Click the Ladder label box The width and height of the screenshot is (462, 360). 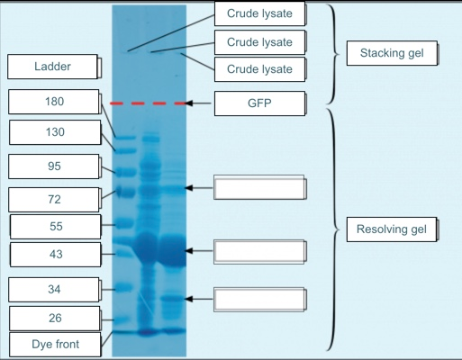pos(51,67)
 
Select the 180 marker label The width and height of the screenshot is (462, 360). pos(54,102)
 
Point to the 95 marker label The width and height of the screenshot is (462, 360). pos(54,166)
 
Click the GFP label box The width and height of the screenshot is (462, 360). pos(258,103)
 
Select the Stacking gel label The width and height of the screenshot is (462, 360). pos(392,53)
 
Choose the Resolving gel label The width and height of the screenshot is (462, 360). pos(392,229)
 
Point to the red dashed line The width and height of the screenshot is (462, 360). pos(149,104)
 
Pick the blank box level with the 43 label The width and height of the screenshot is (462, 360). pos(258,251)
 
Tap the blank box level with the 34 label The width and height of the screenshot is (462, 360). pos(258,299)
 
